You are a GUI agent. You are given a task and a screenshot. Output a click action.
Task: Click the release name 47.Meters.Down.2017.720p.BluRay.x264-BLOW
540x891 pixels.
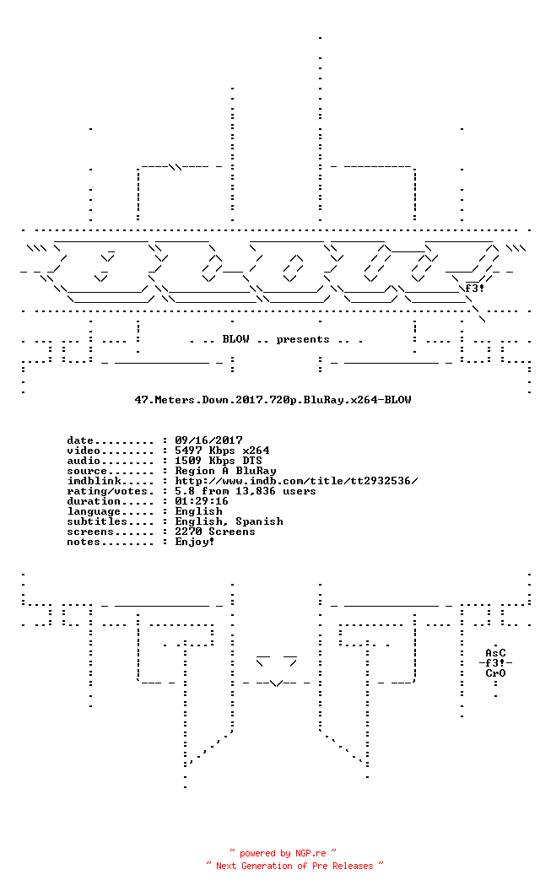click(x=273, y=399)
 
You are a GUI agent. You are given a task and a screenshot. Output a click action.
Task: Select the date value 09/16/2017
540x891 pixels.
click(x=208, y=440)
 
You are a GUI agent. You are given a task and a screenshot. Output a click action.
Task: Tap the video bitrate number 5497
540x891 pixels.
click(x=188, y=451)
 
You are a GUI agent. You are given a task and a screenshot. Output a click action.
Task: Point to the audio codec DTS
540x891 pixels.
click(x=252, y=461)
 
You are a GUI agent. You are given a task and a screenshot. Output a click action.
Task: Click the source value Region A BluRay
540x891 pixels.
click(x=225, y=471)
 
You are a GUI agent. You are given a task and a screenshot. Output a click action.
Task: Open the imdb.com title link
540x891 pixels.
click(x=297, y=481)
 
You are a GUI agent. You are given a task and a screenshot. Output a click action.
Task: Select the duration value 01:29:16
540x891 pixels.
click(x=202, y=501)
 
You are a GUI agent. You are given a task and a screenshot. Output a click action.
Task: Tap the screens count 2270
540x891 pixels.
click(x=188, y=532)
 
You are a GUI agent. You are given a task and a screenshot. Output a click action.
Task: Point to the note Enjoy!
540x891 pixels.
click(x=195, y=542)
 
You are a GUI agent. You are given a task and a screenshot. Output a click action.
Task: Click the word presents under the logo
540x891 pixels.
click(x=303, y=339)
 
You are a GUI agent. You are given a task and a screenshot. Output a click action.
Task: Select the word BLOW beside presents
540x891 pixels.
click(x=236, y=339)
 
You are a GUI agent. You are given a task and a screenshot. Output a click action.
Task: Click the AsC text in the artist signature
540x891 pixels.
click(x=495, y=653)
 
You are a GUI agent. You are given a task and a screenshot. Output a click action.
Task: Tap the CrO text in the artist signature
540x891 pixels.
click(x=495, y=673)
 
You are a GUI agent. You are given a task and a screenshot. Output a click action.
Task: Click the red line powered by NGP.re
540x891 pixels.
click(x=283, y=853)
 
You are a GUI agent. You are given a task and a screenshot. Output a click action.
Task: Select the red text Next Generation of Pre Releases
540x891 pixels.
click(x=294, y=866)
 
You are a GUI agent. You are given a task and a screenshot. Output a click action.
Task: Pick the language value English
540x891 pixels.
click(x=198, y=511)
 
